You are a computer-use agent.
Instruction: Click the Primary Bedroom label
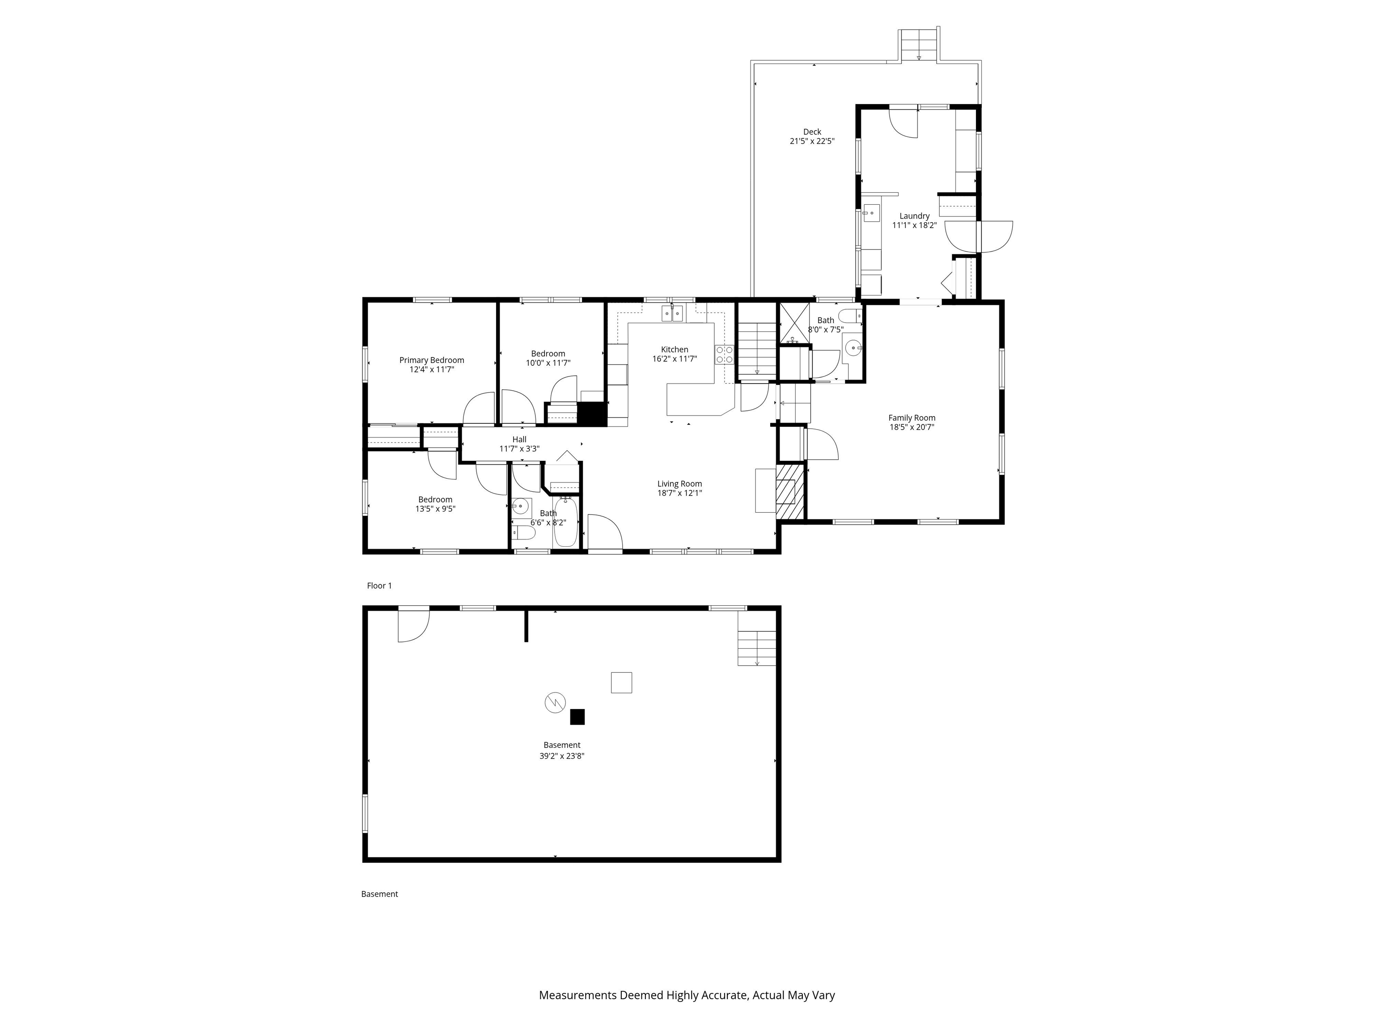(x=432, y=360)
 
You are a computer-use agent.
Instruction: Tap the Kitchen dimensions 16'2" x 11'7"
(x=674, y=359)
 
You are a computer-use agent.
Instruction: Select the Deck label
(x=812, y=131)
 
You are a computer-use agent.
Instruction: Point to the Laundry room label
(x=914, y=216)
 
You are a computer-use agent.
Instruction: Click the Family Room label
(x=912, y=418)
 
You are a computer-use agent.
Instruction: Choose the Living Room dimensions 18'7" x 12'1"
(x=679, y=493)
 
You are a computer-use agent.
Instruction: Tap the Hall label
(x=519, y=439)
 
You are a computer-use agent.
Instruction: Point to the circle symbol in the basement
(x=556, y=703)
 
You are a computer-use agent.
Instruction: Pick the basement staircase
(x=757, y=648)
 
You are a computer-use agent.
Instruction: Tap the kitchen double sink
(x=672, y=313)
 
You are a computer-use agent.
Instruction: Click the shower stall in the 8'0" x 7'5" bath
(x=794, y=323)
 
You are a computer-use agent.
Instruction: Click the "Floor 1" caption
(x=380, y=586)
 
